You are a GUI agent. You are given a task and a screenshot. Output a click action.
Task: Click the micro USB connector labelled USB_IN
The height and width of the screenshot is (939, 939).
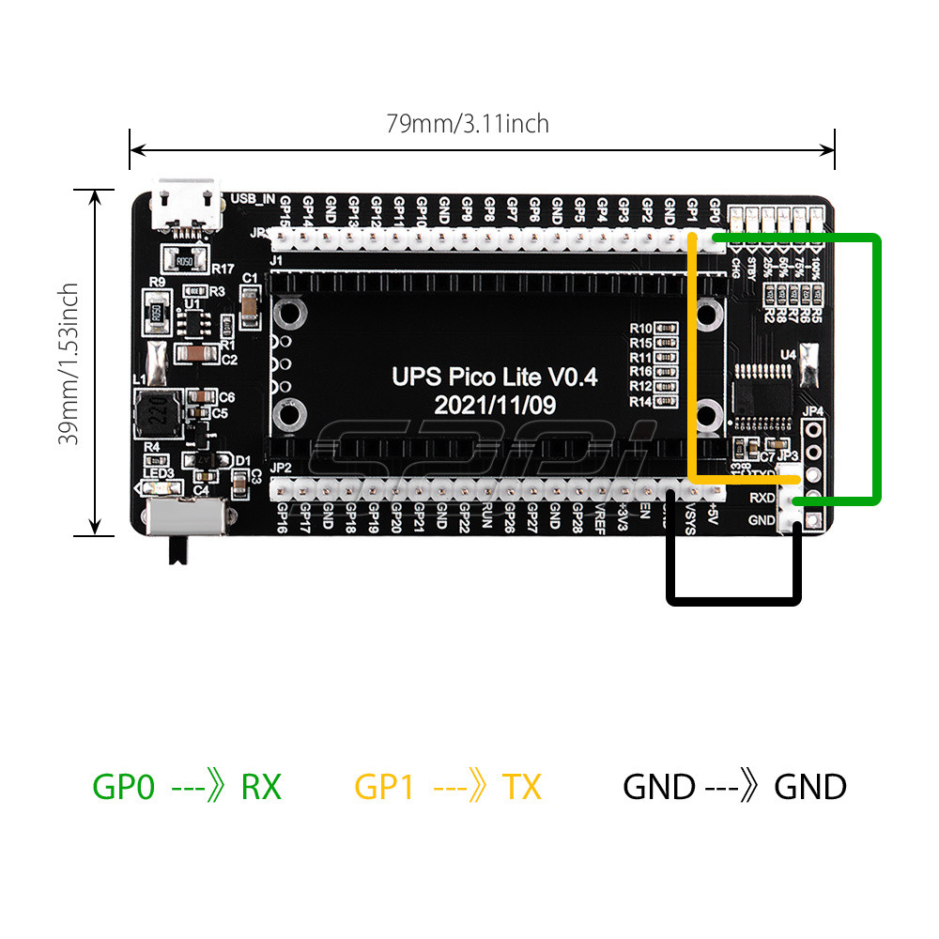pyautogui.click(x=190, y=205)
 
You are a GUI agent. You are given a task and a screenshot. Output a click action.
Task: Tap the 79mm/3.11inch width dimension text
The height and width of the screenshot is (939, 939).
pyautogui.click(x=468, y=123)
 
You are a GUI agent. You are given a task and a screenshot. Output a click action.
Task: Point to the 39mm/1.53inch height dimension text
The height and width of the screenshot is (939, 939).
pyautogui.click(x=68, y=363)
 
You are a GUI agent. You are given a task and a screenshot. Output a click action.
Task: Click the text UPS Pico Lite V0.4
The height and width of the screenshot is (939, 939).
pyautogui.click(x=494, y=377)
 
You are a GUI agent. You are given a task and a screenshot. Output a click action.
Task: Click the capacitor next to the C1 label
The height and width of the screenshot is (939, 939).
pyautogui.click(x=251, y=303)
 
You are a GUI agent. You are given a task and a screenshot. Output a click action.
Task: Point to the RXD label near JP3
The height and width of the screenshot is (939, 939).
pyautogui.click(x=762, y=498)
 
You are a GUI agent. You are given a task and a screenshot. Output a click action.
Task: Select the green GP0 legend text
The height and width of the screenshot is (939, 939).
pyautogui.click(x=123, y=787)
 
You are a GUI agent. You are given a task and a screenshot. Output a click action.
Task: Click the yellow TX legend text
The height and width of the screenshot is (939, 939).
pyautogui.click(x=521, y=787)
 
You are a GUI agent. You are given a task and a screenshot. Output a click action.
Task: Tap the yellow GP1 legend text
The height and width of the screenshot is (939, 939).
pyautogui.click(x=384, y=787)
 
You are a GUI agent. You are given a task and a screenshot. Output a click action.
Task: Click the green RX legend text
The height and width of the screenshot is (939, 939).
pyautogui.click(x=261, y=787)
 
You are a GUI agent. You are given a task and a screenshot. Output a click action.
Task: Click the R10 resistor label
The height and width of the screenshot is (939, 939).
pyautogui.click(x=640, y=328)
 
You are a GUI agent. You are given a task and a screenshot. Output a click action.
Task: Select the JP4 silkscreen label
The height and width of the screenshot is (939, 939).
pyautogui.click(x=813, y=411)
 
